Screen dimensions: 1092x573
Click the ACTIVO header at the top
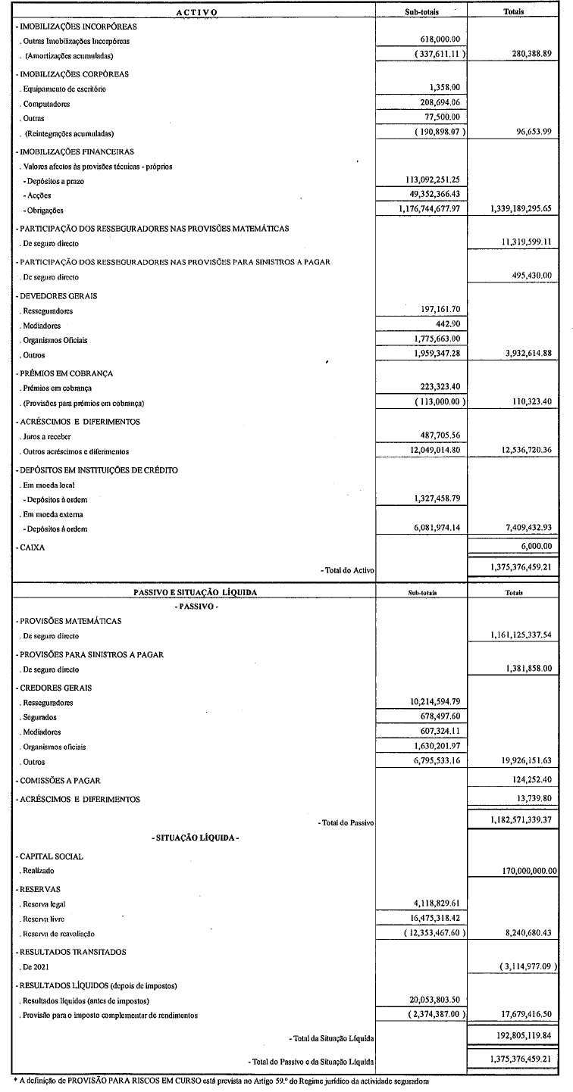(x=196, y=12)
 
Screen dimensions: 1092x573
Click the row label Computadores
(x=43, y=104)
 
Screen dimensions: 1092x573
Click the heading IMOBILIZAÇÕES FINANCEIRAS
(x=74, y=151)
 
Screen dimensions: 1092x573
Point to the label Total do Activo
(x=348, y=569)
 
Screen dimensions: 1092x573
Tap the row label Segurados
(x=39, y=717)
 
